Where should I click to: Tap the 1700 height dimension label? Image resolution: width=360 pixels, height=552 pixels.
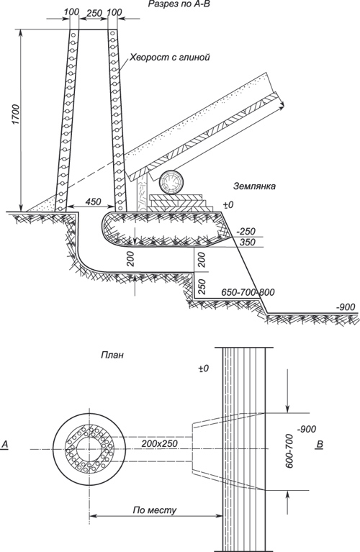(x=17, y=114)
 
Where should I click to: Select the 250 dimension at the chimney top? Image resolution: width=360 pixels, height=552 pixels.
(x=94, y=13)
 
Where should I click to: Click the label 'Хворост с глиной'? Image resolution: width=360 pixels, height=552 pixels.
(x=170, y=57)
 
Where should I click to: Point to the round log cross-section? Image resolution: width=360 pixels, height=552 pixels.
(x=171, y=182)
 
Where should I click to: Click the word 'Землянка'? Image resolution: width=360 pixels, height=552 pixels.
(x=254, y=186)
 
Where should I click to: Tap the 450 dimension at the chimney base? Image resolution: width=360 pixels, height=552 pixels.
(x=93, y=202)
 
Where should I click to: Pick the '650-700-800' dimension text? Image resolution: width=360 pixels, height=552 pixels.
(x=248, y=292)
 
